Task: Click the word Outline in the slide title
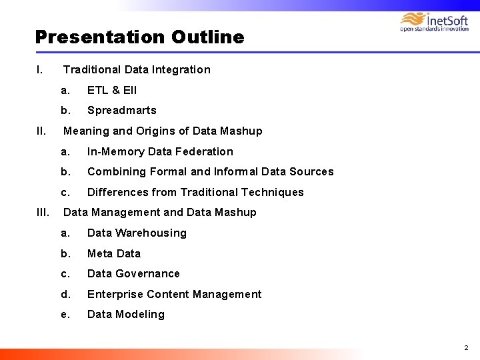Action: coord(207,37)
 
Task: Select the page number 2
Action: coord(466,347)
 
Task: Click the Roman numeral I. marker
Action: coord(40,69)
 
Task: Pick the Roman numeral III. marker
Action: coord(41,212)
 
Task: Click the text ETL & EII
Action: coord(112,90)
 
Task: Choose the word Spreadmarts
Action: coord(122,111)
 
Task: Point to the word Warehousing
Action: coord(151,233)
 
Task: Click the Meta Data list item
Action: coord(114,253)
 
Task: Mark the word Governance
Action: coord(147,273)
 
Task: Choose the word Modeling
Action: coord(140,314)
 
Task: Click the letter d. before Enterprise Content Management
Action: coord(65,294)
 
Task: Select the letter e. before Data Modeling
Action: coord(65,314)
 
